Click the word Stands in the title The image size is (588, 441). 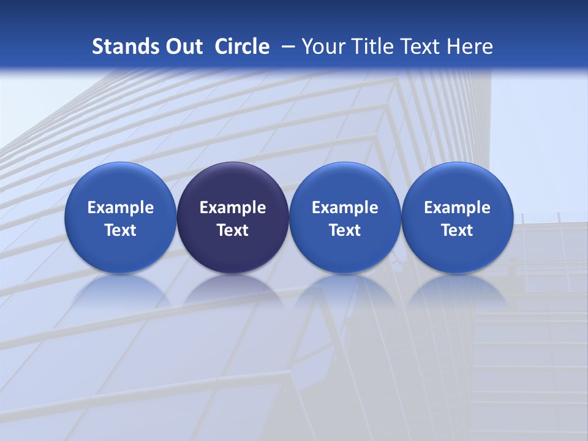pyautogui.click(x=120, y=47)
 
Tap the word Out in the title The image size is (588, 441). pyautogui.click(x=183, y=47)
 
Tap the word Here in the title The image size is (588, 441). pyautogui.click(x=470, y=47)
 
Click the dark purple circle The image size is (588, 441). pyautogui.click(x=233, y=217)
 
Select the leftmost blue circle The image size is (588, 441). pyautogui.click(x=121, y=217)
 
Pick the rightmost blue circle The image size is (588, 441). pyautogui.click(x=457, y=217)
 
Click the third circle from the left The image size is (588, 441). pyautogui.click(x=345, y=217)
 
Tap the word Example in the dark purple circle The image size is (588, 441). pyautogui.click(x=233, y=208)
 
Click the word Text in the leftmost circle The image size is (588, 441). pyautogui.click(x=121, y=230)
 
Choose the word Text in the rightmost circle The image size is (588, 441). pyautogui.click(x=457, y=230)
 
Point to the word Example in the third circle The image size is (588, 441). pyautogui.click(x=345, y=208)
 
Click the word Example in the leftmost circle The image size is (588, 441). pyautogui.click(x=121, y=208)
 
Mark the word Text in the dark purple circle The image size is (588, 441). pyautogui.click(x=233, y=230)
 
